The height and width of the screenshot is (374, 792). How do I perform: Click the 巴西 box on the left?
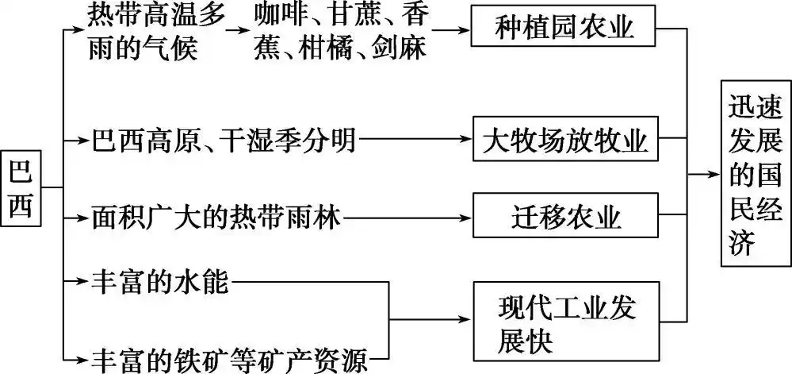click(21, 187)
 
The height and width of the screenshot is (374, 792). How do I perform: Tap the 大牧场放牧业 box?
click(564, 143)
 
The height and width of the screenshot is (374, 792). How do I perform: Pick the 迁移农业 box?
click(564, 215)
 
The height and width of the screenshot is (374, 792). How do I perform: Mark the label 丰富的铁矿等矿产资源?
click(230, 359)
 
